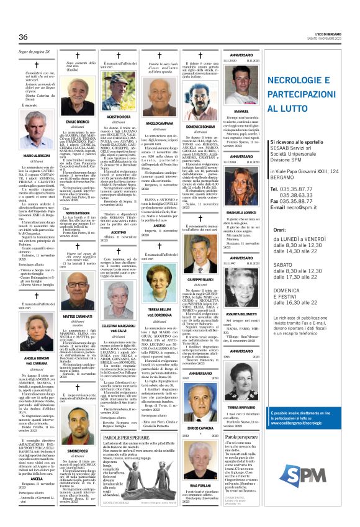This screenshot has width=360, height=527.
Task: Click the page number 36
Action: pyautogui.click(x=24, y=37)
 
